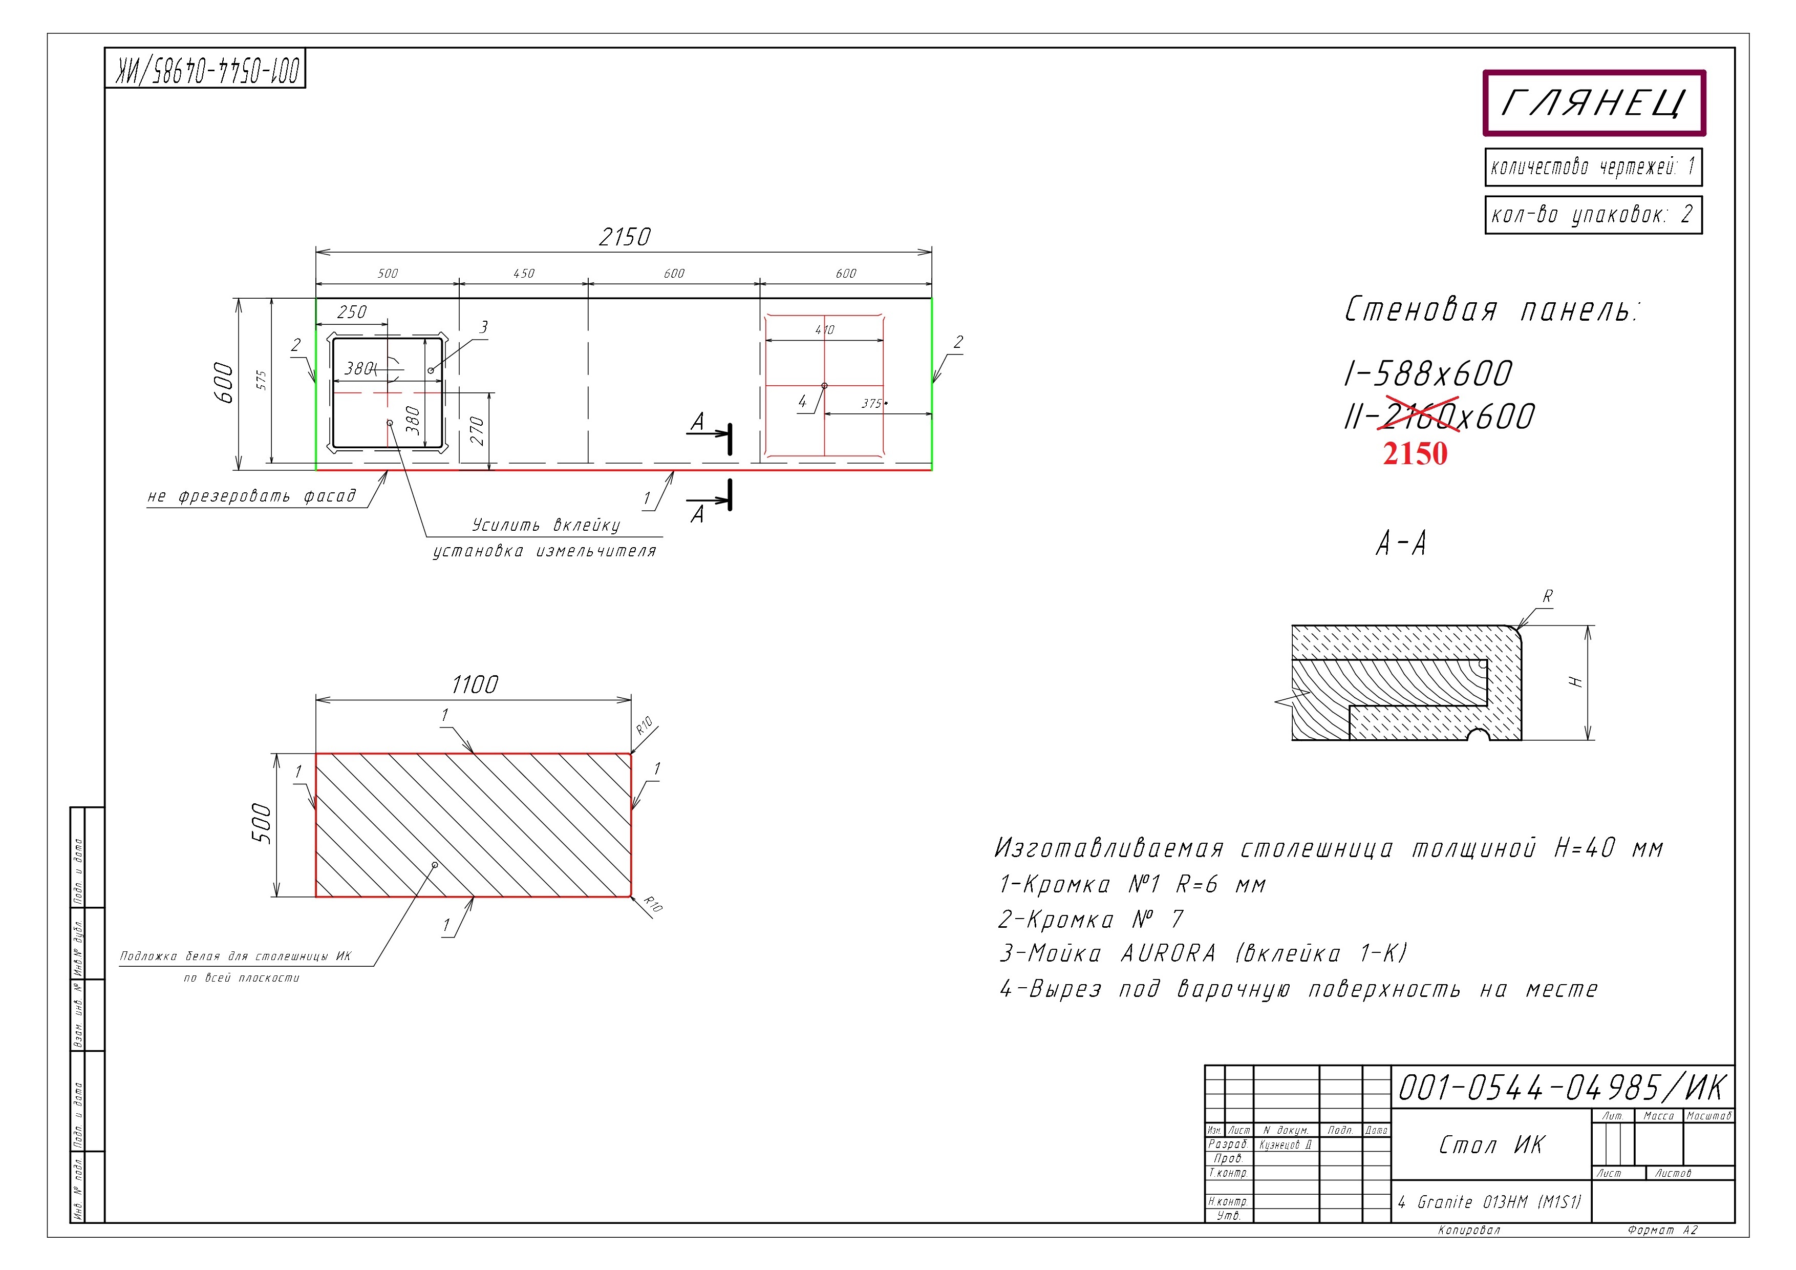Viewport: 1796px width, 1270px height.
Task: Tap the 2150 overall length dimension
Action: click(624, 236)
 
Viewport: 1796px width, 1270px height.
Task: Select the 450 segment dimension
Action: click(523, 273)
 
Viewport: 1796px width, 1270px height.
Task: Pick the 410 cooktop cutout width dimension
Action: click(824, 329)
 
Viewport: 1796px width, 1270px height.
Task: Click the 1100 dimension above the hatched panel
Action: click(474, 684)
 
